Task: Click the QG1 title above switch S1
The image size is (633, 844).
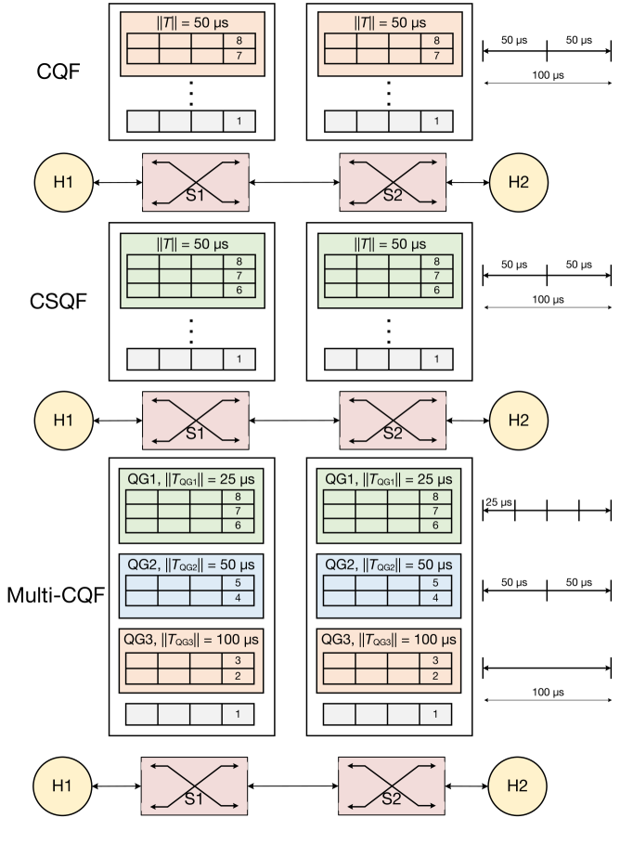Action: coord(191,479)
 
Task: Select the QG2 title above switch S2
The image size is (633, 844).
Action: coord(389,565)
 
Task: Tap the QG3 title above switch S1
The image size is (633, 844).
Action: coord(191,640)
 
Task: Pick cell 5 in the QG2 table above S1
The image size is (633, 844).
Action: coord(239,582)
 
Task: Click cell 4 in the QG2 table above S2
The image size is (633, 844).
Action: coord(435,597)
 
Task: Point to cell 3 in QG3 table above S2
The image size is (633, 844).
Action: coord(435,660)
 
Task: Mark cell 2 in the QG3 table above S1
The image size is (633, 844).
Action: coord(239,675)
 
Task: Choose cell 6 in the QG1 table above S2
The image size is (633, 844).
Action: coord(435,526)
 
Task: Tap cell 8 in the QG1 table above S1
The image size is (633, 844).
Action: coord(239,497)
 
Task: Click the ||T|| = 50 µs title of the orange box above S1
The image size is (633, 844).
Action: coord(192,22)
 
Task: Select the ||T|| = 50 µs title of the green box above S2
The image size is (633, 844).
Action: coord(390,243)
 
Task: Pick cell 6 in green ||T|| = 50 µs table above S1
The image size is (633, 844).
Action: coord(239,291)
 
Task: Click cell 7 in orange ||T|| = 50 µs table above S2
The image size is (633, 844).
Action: coord(436,56)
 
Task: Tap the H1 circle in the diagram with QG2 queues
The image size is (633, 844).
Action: coord(62,785)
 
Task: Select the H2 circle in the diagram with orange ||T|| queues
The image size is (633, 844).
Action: coord(519,181)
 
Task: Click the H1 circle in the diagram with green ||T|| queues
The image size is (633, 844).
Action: coord(63,420)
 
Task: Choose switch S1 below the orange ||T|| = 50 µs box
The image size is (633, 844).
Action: coord(195,181)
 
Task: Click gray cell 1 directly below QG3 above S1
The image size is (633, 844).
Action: coord(238,715)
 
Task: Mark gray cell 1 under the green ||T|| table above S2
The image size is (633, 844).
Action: coord(436,359)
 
